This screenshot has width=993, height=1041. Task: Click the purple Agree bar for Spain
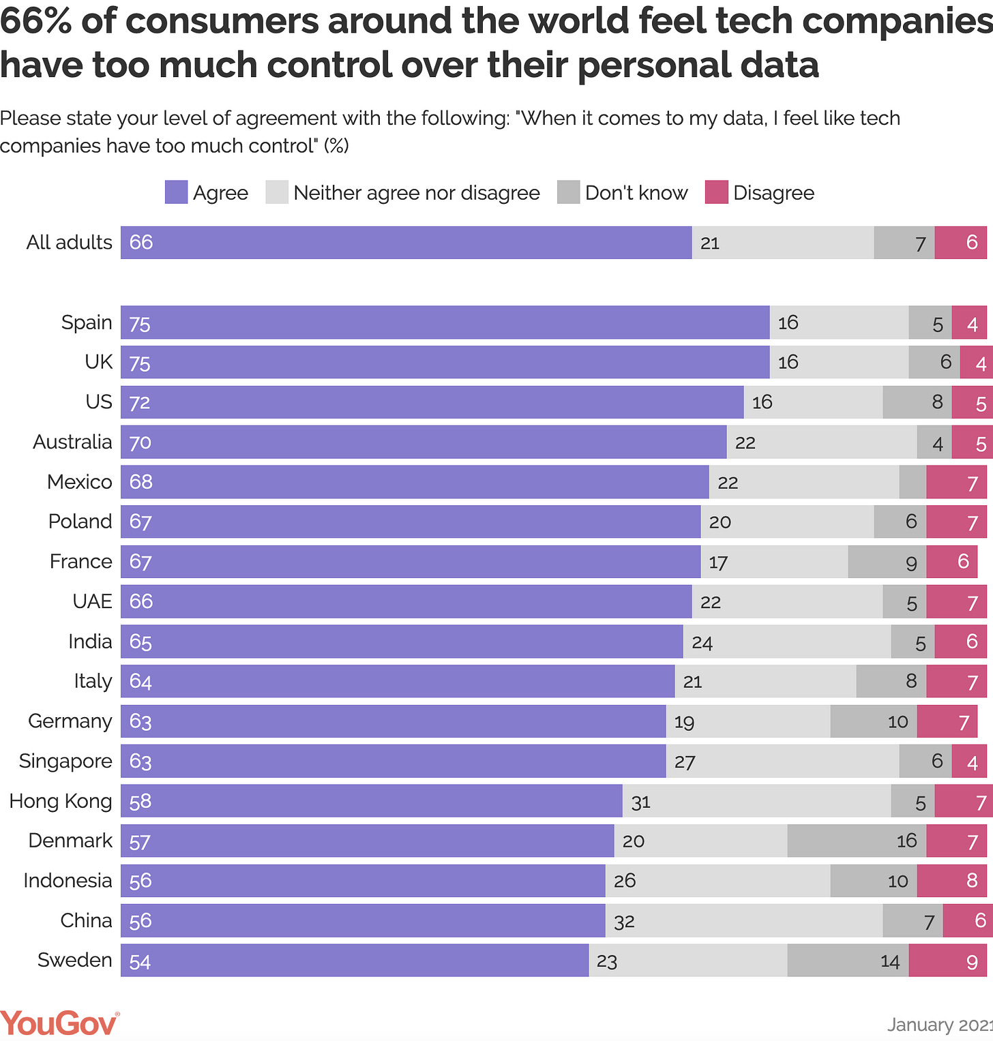click(445, 322)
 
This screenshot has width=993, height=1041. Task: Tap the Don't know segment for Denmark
click(856, 841)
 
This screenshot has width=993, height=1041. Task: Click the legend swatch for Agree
click(176, 193)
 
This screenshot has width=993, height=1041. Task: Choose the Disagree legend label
click(773, 193)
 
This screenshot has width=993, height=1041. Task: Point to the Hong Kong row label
click(60, 801)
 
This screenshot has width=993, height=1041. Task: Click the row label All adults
click(69, 243)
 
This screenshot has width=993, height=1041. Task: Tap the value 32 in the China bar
click(624, 922)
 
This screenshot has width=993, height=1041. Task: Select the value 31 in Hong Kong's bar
click(640, 802)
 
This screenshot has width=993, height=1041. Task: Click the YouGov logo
click(59, 1024)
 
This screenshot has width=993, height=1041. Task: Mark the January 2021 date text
click(939, 1025)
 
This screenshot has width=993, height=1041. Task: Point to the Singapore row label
click(65, 761)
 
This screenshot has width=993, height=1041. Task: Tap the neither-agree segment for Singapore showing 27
click(782, 761)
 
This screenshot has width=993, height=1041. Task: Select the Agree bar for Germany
click(393, 721)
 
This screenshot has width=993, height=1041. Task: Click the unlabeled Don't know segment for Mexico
click(913, 482)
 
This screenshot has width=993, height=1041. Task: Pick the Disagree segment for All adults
click(960, 243)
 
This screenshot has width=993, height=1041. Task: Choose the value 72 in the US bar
click(139, 402)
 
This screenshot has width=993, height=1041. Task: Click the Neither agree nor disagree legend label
click(416, 193)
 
